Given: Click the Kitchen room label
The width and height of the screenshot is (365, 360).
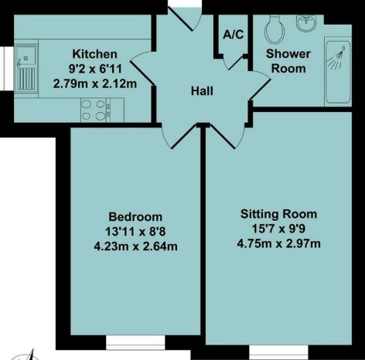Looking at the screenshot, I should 94,54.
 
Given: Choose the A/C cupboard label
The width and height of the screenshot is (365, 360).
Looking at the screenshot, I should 230,34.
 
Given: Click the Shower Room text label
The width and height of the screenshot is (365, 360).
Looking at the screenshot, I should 288,61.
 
